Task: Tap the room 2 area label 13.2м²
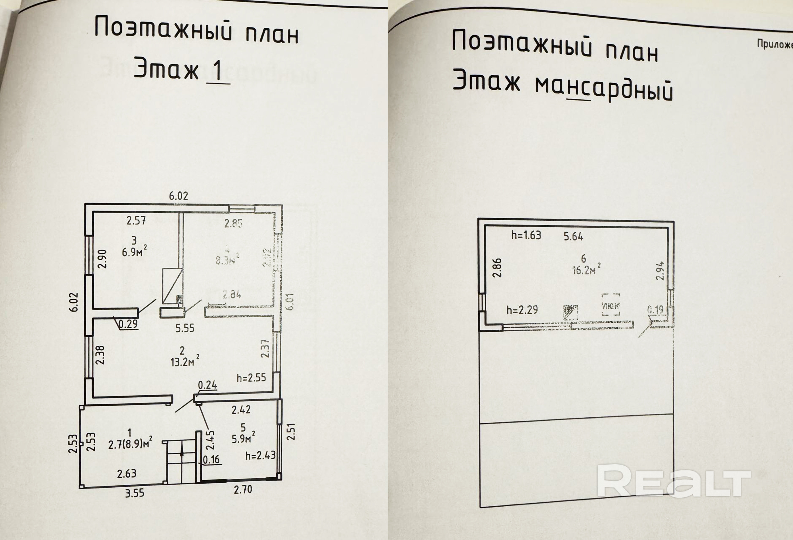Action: pyautogui.click(x=185, y=361)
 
